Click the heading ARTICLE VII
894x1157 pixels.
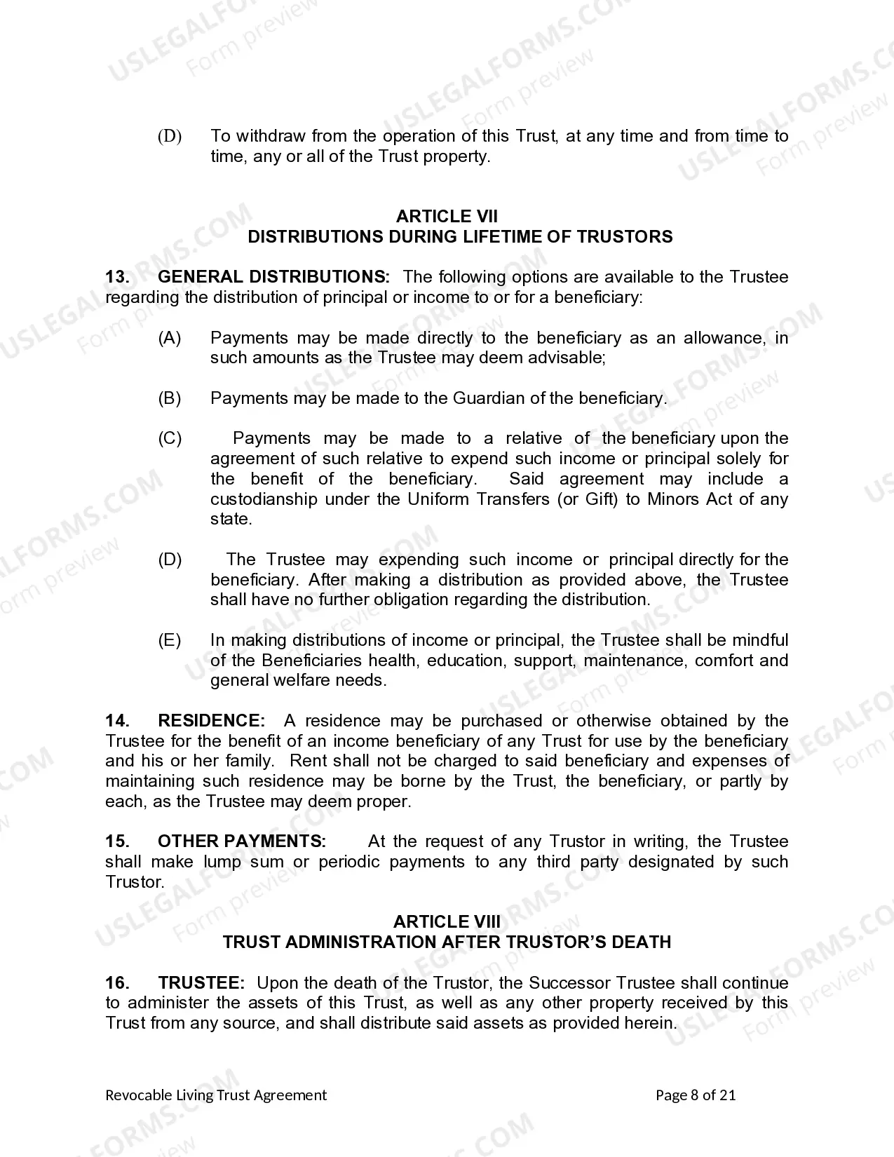(447, 217)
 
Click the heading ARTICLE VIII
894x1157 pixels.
(447, 921)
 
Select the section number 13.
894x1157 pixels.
(117, 277)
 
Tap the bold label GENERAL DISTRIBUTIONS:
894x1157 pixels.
(273, 277)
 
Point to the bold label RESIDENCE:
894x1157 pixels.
(211, 721)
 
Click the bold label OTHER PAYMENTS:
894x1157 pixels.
(241, 841)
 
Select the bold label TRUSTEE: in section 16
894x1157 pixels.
(201, 983)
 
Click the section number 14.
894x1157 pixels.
(117, 721)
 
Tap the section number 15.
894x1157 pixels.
(117, 841)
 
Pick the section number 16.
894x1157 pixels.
(117, 983)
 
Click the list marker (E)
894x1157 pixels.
(170, 640)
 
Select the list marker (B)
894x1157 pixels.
(170, 398)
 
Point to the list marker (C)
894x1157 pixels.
(170, 439)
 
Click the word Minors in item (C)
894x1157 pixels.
(675, 499)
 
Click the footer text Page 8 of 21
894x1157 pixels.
(696, 1095)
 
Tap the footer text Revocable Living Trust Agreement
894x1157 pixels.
(216, 1095)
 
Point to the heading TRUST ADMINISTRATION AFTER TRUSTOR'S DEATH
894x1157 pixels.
(447, 942)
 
